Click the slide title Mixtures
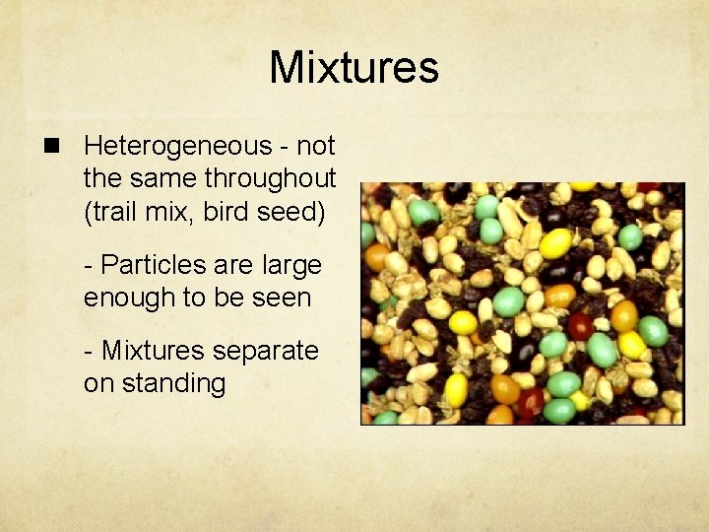coord(354,68)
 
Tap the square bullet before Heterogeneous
coord(48,147)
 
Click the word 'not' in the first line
coord(316,147)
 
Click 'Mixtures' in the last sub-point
coord(156,351)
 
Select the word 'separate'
coord(268,351)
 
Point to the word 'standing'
coord(172,383)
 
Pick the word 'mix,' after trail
coord(187,212)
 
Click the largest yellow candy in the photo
coord(555,242)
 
